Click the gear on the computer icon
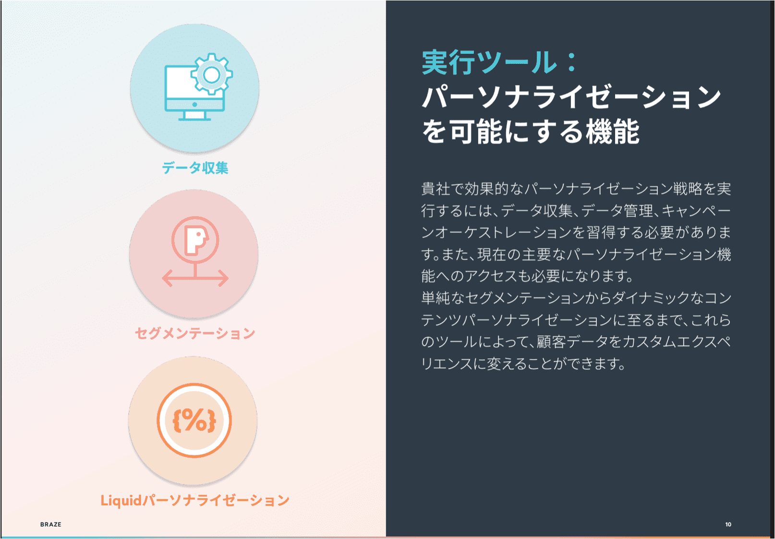click(211, 74)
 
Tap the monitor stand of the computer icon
click(194, 115)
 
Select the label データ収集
click(195, 168)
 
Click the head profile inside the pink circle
click(195, 239)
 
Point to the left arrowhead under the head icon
click(166, 278)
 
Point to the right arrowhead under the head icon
click(224, 278)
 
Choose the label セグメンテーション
click(194, 333)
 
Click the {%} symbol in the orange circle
click(194, 420)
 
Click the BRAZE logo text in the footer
click(50, 525)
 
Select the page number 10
click(728, 525)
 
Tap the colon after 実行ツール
click(571, 63)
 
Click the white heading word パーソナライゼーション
click(571, 97)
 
